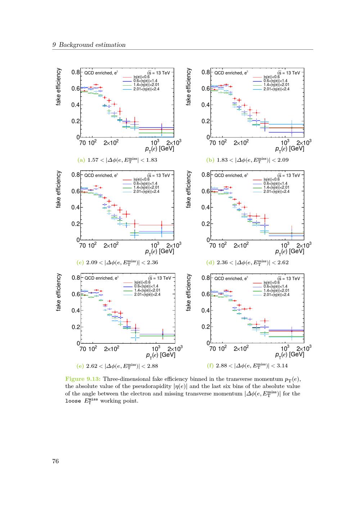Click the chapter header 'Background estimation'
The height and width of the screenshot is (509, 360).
[92, 45]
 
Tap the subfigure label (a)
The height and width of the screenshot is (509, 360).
[81, 160]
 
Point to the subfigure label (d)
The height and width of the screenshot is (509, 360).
[210, 262]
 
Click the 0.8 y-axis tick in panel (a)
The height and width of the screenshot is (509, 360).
[76, 72]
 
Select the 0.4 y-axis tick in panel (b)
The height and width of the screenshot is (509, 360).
[206, 105]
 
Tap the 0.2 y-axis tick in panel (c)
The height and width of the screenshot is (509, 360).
[76, 224]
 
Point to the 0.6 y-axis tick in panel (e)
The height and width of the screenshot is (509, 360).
[76, 294]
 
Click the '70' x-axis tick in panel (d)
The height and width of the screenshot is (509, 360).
[212, 246]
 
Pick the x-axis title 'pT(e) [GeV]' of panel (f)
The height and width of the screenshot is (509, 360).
[289, 355]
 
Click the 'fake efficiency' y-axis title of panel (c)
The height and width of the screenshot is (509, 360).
[58, 189]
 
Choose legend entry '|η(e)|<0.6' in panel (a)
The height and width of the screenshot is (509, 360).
[141, 77]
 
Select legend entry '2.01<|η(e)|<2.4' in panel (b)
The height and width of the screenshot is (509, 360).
[276, 89]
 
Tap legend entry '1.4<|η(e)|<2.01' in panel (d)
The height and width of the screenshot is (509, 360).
[276, 188]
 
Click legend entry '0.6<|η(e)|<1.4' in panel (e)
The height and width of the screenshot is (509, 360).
[146, 286]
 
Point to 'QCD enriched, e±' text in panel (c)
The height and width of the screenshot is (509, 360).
[102, 175]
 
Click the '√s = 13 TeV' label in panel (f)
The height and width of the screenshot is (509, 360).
[289, 279]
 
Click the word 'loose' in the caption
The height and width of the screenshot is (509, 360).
[73, 401]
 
